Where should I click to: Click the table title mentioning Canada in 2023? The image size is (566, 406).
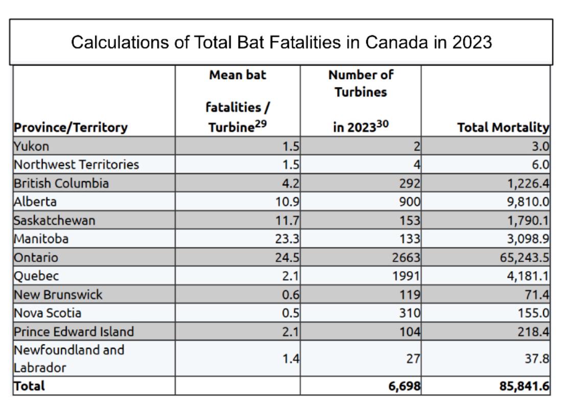pos(281,42)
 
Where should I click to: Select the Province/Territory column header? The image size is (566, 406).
pos(70,127)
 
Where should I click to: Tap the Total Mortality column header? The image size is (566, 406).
pos(503,127)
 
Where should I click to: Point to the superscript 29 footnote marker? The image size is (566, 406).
pos(261,124)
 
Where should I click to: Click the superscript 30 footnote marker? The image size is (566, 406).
pos(383,124)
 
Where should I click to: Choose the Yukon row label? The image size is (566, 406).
pos(31,147)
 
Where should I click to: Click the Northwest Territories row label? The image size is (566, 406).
pos(76,164)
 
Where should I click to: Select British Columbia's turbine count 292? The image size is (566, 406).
pos(410,183)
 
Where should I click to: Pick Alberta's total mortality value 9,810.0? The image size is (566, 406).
pos(528,202)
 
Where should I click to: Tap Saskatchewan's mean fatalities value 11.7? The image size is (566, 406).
pos(287,220)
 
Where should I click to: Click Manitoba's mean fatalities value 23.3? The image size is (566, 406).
pos(287,239)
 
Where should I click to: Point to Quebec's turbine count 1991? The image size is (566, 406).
pos(407,276)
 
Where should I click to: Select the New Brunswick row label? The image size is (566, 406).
pos(58,295)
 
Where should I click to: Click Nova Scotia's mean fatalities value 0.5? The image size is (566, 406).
pos(291,313)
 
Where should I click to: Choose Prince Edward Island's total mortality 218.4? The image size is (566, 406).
pos(533,331)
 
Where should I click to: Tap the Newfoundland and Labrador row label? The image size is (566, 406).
pos(69,359)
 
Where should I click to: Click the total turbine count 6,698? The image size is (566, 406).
pos(405,386)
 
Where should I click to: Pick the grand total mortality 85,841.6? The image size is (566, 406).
pos(525,386)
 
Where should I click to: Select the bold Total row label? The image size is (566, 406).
pos(29,386)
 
